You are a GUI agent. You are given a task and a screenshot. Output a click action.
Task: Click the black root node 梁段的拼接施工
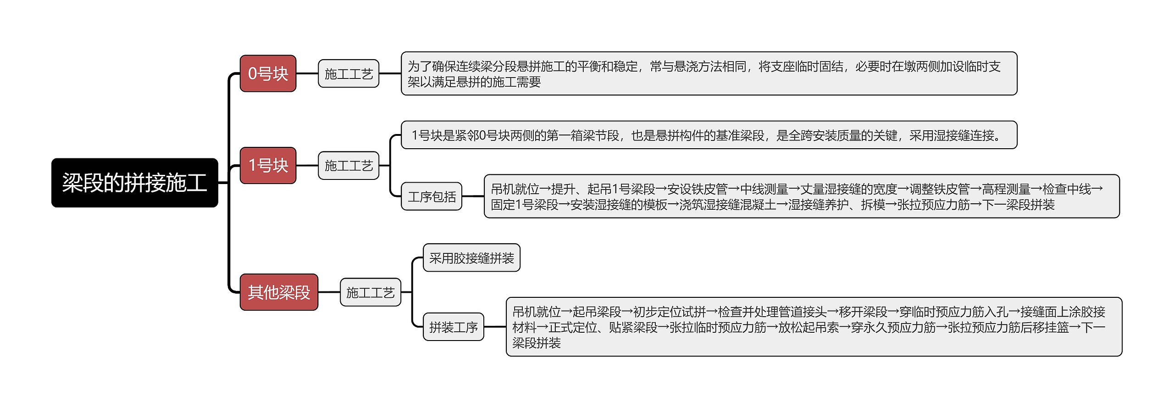[134, 183]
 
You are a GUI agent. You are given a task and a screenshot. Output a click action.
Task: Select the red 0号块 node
[268, 73]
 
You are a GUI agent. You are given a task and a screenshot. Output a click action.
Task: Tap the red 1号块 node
[268, 165]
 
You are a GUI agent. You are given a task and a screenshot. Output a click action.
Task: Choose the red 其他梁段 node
[279, 292]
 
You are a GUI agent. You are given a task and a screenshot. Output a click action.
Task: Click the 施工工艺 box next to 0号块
[349, 73]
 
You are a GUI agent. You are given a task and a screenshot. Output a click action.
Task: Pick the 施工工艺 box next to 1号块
[349, 165]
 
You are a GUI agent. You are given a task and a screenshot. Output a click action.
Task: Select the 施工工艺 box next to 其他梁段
[370, 292]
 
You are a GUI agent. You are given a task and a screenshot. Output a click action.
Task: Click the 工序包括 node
[432, 196]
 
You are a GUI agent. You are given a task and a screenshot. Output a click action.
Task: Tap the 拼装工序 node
[453, 327]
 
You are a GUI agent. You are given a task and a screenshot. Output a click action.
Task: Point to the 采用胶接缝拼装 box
[471, 258]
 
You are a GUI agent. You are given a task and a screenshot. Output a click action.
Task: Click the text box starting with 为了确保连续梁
[709, 73]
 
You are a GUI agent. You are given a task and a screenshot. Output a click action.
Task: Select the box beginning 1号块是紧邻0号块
[709, 135]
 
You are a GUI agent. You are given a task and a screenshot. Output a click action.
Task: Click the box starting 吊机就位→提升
[802, 196]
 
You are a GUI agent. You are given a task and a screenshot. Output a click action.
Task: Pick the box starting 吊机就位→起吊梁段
[814, 327]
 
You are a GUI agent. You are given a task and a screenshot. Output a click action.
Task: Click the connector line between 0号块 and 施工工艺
[307, 73]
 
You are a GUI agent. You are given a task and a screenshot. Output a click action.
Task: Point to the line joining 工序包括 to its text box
[473, 196]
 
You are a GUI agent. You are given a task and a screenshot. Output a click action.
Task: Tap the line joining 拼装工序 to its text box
[495, 327]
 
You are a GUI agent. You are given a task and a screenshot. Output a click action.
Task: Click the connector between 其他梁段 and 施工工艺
[329, 292]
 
